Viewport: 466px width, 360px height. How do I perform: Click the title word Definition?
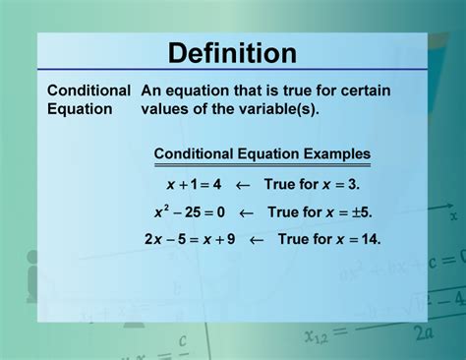pyautogui.click(x=232, y=53)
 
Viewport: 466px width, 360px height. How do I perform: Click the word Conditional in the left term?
pyautogui.click(x=88, y=90)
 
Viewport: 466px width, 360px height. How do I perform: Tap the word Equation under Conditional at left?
pyautogui.click(x=81, y=108)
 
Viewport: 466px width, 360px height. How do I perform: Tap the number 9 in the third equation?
pyautogui.click(x=233, y=239)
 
